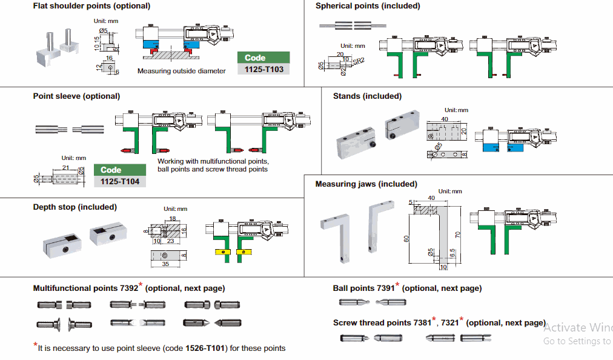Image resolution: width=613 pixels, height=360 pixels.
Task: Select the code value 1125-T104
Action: pyautogui.click(x=119, y=181)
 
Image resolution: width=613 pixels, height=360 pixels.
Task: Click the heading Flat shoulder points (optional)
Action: pyautogui.click(x=91, y=6)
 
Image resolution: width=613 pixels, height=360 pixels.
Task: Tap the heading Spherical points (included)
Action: pyautogui.click(x=368, y=6)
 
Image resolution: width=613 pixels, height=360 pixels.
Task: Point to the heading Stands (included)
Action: pyautogui.click(x=367, y=96)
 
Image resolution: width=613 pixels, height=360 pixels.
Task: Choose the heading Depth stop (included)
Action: pyautogui.click(x=75, y=207)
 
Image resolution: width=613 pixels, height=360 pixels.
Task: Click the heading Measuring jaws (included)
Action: pyautogui.click(x=366, y=184)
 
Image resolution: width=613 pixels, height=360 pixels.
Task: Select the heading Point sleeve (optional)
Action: pyautogui.click(x=76, y=96)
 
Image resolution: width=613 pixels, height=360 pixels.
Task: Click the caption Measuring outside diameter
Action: pyautogui.click(x=182, y=71)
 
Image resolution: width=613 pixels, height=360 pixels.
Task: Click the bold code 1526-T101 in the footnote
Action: pyautogui.click(x=205, y=348)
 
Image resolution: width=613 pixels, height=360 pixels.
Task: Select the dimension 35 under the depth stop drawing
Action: pyautogui.click(x=165, y=264)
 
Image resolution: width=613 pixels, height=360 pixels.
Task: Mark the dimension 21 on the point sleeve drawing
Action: pyautogui.click(x=66, y=167)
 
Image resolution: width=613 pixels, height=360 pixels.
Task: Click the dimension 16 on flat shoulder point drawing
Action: pyautogui.click(x=109, y=58)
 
